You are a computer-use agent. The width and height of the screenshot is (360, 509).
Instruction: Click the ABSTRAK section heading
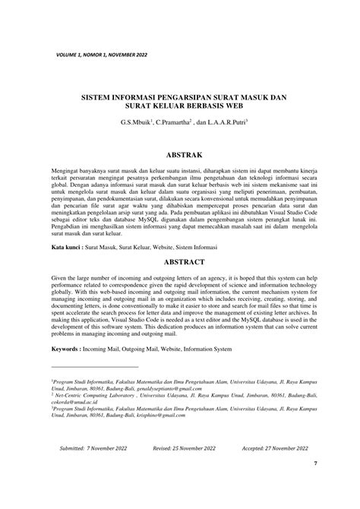click(180, 152)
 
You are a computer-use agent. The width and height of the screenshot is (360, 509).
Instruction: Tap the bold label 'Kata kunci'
click(68, 248)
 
